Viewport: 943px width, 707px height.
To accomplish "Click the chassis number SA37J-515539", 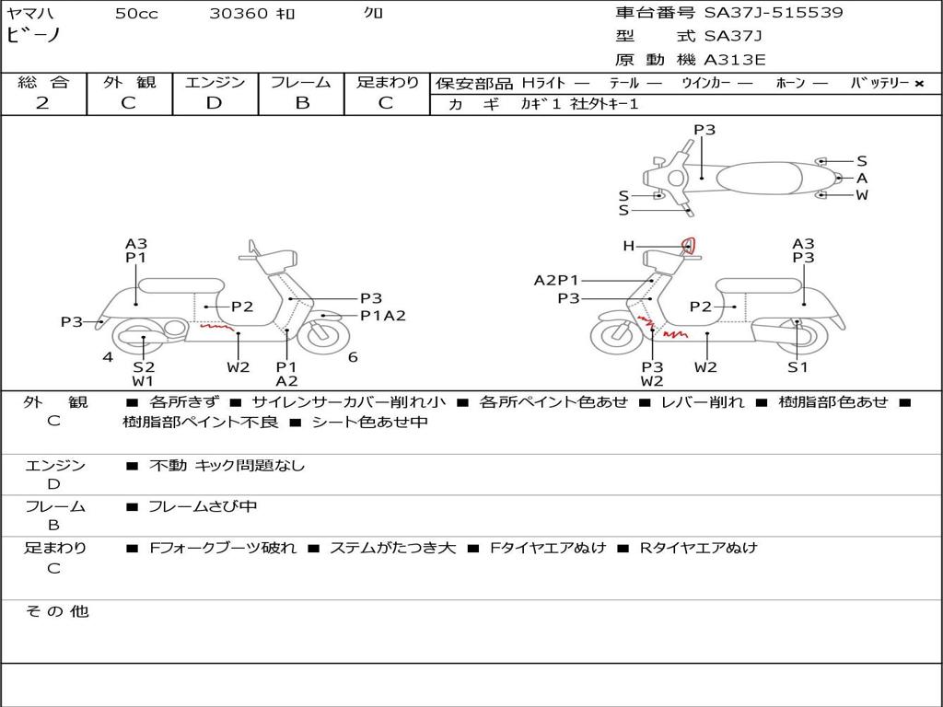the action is click(774, 12).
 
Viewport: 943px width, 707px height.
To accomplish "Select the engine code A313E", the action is click(734, 60).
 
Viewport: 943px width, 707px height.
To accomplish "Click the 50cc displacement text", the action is click(136, 13).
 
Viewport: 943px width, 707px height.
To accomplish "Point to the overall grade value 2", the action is click(42, 103).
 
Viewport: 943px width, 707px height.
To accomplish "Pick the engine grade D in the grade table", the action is click(214, 103).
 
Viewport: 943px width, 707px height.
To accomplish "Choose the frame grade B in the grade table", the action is click(302, 103).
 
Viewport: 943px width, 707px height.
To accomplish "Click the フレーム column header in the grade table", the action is click(301, 82).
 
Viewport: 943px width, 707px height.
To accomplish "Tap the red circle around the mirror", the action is click(689, 245).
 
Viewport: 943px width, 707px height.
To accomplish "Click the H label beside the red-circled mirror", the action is click(628, 245).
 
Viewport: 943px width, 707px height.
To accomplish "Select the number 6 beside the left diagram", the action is click(353, 357).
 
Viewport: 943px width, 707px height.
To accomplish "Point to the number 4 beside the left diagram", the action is click(108, 357).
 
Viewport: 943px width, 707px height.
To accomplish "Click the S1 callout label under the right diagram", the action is click(797, 366).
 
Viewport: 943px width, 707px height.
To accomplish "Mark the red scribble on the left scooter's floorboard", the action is click(217, 328).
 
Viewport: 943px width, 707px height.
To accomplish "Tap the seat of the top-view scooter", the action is click(759, 178).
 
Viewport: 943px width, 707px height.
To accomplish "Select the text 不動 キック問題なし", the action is click(227, 465).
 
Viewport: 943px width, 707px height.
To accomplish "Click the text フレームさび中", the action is click(203, 506).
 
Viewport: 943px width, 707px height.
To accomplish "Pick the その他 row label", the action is click(56, 611).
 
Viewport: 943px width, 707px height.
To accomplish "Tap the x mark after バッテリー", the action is click(919, 84).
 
